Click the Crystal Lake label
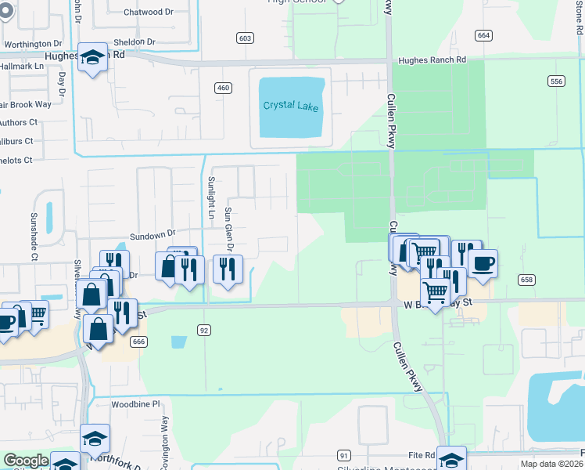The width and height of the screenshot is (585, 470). tap(291, 106)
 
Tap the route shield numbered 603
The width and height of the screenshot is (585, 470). tap(246, 38)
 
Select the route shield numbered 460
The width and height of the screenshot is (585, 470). tap(224, 88)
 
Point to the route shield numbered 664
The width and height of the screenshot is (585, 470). tap(483, 35)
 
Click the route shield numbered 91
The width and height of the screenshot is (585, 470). tap(343, 454)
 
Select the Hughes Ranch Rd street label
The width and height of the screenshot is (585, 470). tap(432, 60)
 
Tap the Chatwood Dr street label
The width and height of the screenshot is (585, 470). tap(149, 13)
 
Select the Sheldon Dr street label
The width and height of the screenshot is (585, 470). tap(135, 42)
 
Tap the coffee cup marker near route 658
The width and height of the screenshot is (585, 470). tap(483, 262)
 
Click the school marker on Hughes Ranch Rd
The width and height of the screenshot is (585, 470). tap(92, 56)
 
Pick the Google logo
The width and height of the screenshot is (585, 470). tap(27, 461)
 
